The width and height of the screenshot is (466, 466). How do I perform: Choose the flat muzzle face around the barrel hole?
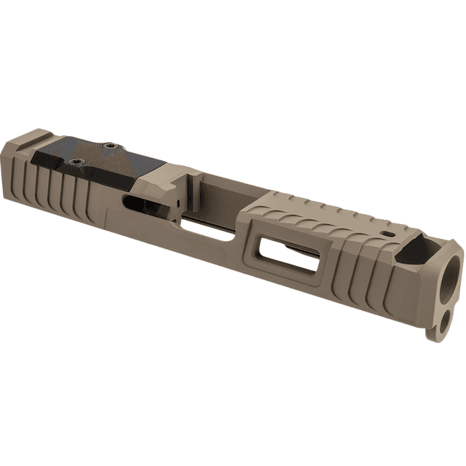tap(453, 284)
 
